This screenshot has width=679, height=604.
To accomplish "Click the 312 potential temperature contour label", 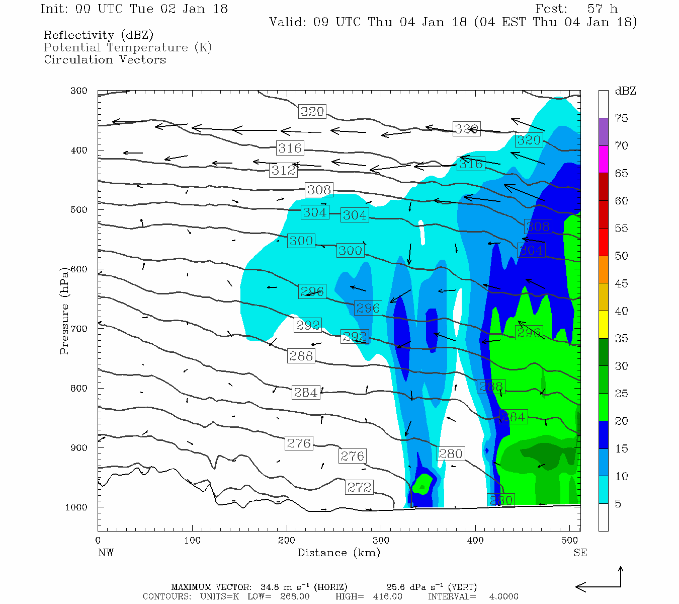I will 284,170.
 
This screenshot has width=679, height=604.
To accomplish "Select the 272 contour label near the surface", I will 359,487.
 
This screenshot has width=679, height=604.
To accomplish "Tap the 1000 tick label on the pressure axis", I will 76,507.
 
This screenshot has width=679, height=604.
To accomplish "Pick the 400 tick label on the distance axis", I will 475,541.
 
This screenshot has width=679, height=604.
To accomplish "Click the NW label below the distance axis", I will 106,553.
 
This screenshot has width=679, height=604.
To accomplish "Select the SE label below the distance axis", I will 580,553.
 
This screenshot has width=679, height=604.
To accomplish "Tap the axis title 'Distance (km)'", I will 338,553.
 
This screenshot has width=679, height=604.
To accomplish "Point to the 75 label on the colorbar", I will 622,118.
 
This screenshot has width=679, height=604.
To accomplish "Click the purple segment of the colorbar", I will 603,132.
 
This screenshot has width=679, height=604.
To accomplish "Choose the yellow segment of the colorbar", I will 603,325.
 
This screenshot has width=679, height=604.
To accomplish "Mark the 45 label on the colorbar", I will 622,283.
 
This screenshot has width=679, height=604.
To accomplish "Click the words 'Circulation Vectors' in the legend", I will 105,59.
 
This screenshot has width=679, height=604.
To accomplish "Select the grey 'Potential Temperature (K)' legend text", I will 128,47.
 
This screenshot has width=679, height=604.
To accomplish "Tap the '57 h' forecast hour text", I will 602,9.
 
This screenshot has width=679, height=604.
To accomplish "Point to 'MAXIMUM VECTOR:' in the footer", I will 211,587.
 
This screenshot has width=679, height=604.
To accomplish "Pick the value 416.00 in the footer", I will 387,596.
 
